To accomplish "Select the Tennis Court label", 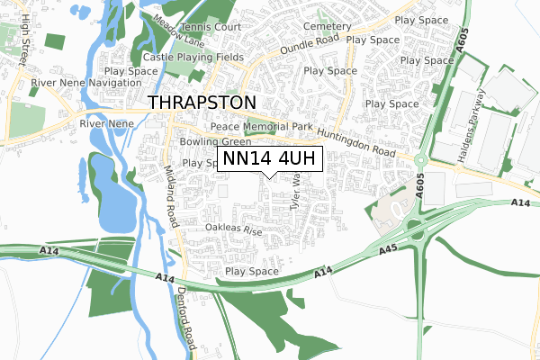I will [x=211, y=27].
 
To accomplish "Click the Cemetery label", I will [x=327, y=27].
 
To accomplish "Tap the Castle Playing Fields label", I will [x=193, y=58].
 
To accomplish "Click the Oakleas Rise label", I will [x=232, y=230].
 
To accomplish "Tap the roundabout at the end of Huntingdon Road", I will [x=419, y=161].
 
